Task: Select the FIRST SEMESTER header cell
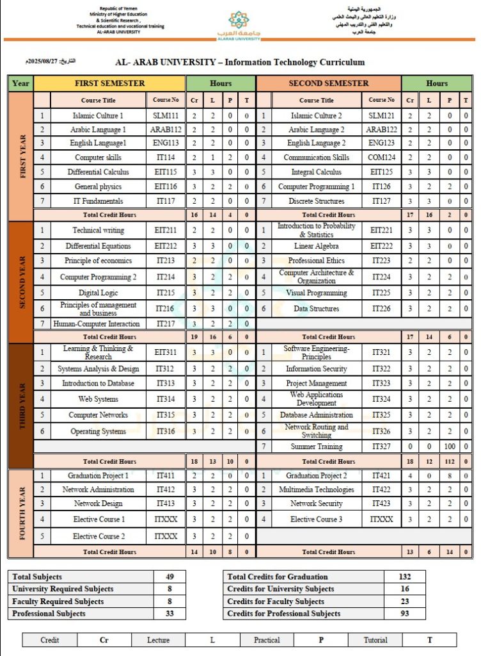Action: [109, 83]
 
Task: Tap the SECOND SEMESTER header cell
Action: [328, 83]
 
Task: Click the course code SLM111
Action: [166, 116]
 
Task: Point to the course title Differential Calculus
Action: [98, 172]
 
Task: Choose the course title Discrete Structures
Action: [317, 201]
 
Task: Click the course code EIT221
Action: [381, 230]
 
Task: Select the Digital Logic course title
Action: [98, 293]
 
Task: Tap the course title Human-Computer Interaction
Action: [96, 324]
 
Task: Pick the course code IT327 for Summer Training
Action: [381, 447]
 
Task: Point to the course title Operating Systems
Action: [98, 432]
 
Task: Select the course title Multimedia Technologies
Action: [317, 489]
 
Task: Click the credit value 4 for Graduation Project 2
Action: [410, 476]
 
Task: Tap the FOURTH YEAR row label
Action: [21, 514]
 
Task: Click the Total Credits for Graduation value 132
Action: [404, 577]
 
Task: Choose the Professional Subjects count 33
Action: [170, 614]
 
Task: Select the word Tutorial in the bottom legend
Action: [375, 640]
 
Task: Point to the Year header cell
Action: [21, 83]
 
